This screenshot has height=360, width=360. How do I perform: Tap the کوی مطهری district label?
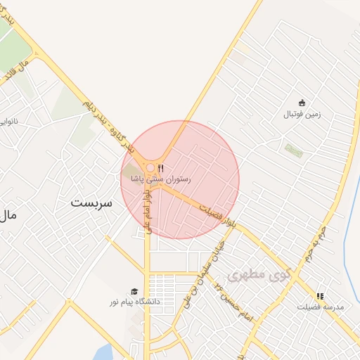(259, 272)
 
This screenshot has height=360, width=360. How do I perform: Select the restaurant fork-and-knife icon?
(162, 168)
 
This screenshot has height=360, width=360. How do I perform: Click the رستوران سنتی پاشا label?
(160, 180)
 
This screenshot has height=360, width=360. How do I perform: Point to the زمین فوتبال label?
(302, 114)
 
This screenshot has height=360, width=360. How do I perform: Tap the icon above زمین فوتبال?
(302, 103)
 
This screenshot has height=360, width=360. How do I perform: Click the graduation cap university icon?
(134, 291)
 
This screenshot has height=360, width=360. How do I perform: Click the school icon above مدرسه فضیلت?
(321, 297)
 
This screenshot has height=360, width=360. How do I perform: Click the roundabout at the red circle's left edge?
(150, 168)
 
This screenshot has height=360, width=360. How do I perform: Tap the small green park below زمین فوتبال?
(292, 150)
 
